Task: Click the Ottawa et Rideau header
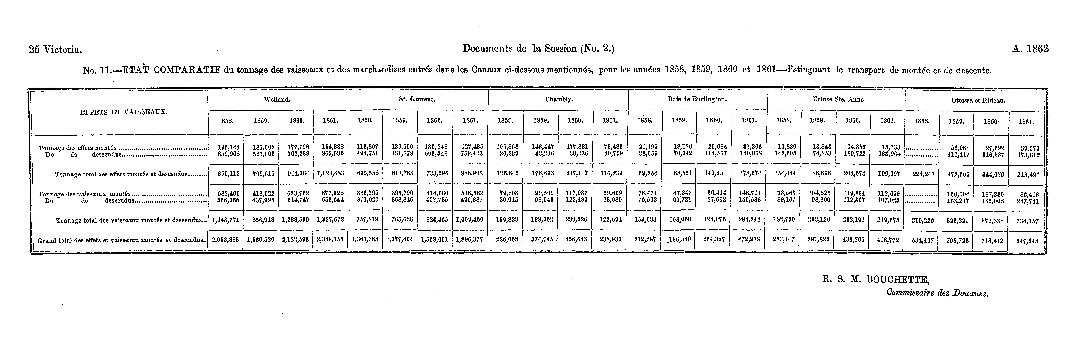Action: click(974, 101)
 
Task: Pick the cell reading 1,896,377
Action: click(470, 240)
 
